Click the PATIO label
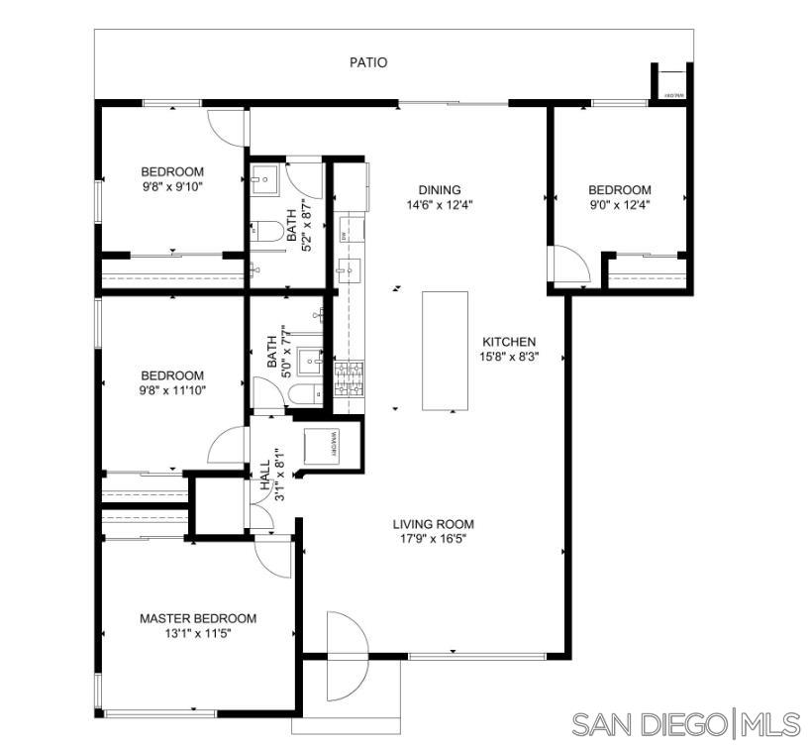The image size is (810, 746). [x=368, y=62]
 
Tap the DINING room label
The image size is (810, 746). [x=440, y=190]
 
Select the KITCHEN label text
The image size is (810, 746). [x=509, y=342]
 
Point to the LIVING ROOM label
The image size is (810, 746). [x=433, y=524]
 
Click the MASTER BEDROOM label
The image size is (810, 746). [x=197, y=618]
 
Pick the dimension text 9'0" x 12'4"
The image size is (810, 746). [x=620, y=205]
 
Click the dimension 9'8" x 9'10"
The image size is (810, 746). [x=172, y=186]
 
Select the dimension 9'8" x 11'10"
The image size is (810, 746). [x=172, y=390]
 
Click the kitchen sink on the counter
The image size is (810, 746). [x=348, y=267]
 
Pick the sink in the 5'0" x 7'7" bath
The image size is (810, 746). [x=310, y=360]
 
